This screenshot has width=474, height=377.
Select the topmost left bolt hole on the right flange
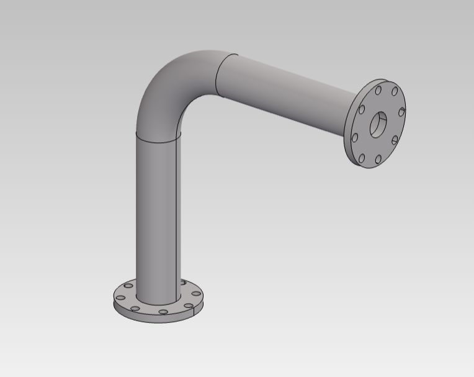(378, 90)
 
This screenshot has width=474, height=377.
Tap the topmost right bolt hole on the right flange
(395, 92)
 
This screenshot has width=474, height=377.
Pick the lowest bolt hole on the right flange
(378, 160)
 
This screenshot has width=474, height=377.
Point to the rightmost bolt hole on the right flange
(401, 112)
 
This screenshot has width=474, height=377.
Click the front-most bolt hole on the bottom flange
(163, 312)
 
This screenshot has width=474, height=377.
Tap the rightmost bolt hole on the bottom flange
(196, 294)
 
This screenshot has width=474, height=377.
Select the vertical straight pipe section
(158, 217)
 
